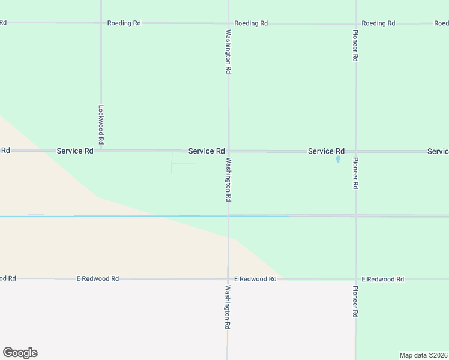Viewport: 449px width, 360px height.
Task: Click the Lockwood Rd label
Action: (101, 124)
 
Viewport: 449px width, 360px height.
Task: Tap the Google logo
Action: (20, 353)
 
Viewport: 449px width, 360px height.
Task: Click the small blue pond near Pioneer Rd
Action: (338, 160)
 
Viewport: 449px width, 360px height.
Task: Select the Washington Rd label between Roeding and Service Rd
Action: (228, 52)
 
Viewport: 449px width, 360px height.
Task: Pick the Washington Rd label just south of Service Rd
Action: (228, 179)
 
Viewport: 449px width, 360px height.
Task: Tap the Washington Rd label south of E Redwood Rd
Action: (228, 307)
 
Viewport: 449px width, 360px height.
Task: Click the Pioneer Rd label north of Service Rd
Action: (355, 47)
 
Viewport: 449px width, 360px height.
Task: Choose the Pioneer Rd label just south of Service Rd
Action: (355, 173)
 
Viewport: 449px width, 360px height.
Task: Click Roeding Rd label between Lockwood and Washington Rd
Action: (124, 23)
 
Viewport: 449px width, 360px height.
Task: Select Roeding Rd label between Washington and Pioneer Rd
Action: (251, 23)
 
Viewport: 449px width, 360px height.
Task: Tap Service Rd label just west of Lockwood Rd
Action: (75, 151)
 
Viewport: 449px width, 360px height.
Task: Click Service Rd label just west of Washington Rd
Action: (206, 151)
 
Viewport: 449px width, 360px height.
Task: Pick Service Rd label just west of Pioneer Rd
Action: (326, 151)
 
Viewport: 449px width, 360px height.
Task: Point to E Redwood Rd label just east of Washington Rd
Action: (255, 279)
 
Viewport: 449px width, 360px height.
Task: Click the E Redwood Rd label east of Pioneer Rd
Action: (383, 280)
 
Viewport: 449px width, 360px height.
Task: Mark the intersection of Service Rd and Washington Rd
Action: (228, 151)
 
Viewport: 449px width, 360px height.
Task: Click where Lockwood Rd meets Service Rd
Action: (101, 151)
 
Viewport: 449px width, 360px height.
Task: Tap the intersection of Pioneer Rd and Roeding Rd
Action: (355, 23)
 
